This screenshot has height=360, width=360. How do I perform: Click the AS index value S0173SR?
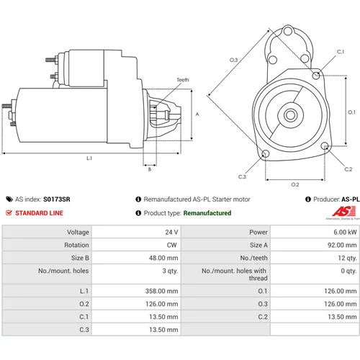pyautogui.click(x=57, y=199)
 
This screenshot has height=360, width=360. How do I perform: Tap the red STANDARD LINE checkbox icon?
pyautogui.click(x=9, y=213)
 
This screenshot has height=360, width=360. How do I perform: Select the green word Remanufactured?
pyautogui.click(x=207, y=213)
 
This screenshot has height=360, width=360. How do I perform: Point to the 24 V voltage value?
pyautogui.click(x=171, y=232)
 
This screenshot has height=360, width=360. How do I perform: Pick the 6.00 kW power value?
pyautogui.click(x=345, y=232)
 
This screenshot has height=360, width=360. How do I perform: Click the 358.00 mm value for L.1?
pyautogui.click(x=161, y=291)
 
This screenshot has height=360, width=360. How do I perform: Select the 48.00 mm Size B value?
pyautogui.click(x=163, y=258)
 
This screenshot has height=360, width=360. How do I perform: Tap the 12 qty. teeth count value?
pyautogui.click(x=347, y=258)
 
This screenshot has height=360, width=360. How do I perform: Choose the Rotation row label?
pyautogui.click(x=76, y=245)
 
